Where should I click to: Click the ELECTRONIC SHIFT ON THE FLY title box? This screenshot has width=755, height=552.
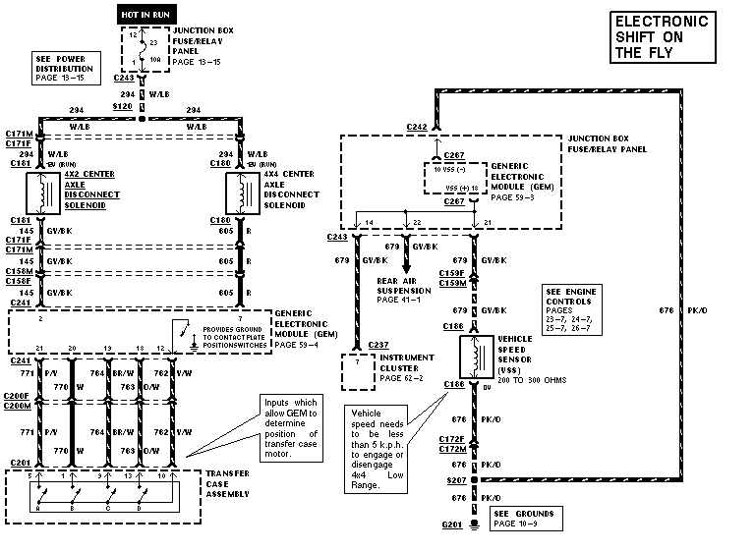(x=661, y=37)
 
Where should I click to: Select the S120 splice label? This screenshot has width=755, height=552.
(x=123, y=104)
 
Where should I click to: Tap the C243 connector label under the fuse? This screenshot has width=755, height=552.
(x=124, y=78)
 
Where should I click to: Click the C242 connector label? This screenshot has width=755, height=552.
(x=417, y=127)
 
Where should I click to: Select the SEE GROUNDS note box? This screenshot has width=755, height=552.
(x=524, y=518)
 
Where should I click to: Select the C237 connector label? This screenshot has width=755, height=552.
(x=378, y=345)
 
